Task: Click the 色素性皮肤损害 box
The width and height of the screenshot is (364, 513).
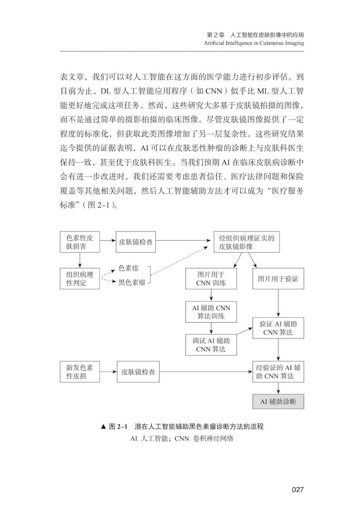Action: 80,242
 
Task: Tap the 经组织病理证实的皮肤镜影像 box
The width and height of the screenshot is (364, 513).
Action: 246,242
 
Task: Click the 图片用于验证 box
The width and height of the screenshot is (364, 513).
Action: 278,279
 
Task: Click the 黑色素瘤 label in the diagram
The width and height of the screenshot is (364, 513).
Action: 132,283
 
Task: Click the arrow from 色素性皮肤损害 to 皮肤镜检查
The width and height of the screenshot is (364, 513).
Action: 108,242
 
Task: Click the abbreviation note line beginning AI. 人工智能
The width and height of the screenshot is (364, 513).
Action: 182,439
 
